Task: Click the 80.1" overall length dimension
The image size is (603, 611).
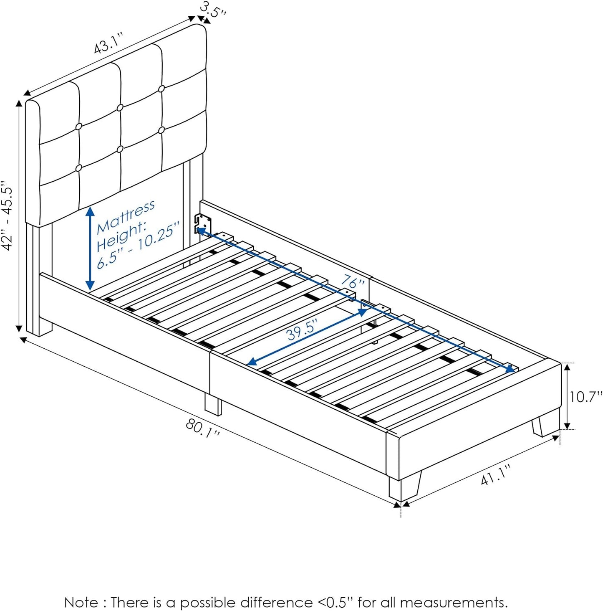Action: click(x=203, y=428)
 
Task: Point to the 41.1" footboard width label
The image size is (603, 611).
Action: click(x=495, y=475)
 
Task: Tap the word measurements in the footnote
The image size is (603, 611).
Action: click(x=453, y=602)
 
